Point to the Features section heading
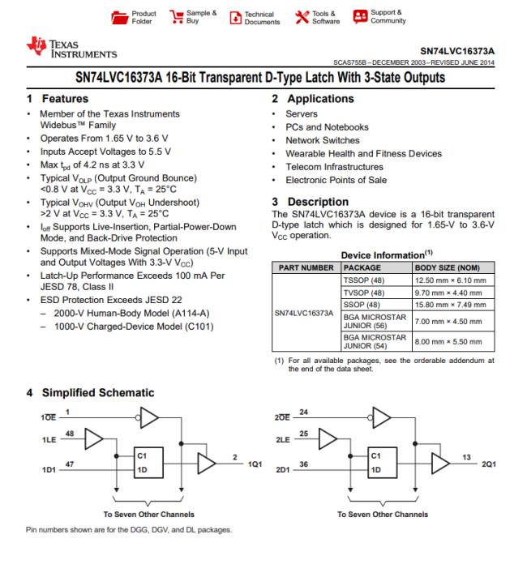(59, 98)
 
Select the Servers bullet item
(301, 113)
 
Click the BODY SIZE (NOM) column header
(448, 266)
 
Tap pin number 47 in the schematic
(70, 463)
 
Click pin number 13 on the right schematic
(466, 457)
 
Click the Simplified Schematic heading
(89, 393)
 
